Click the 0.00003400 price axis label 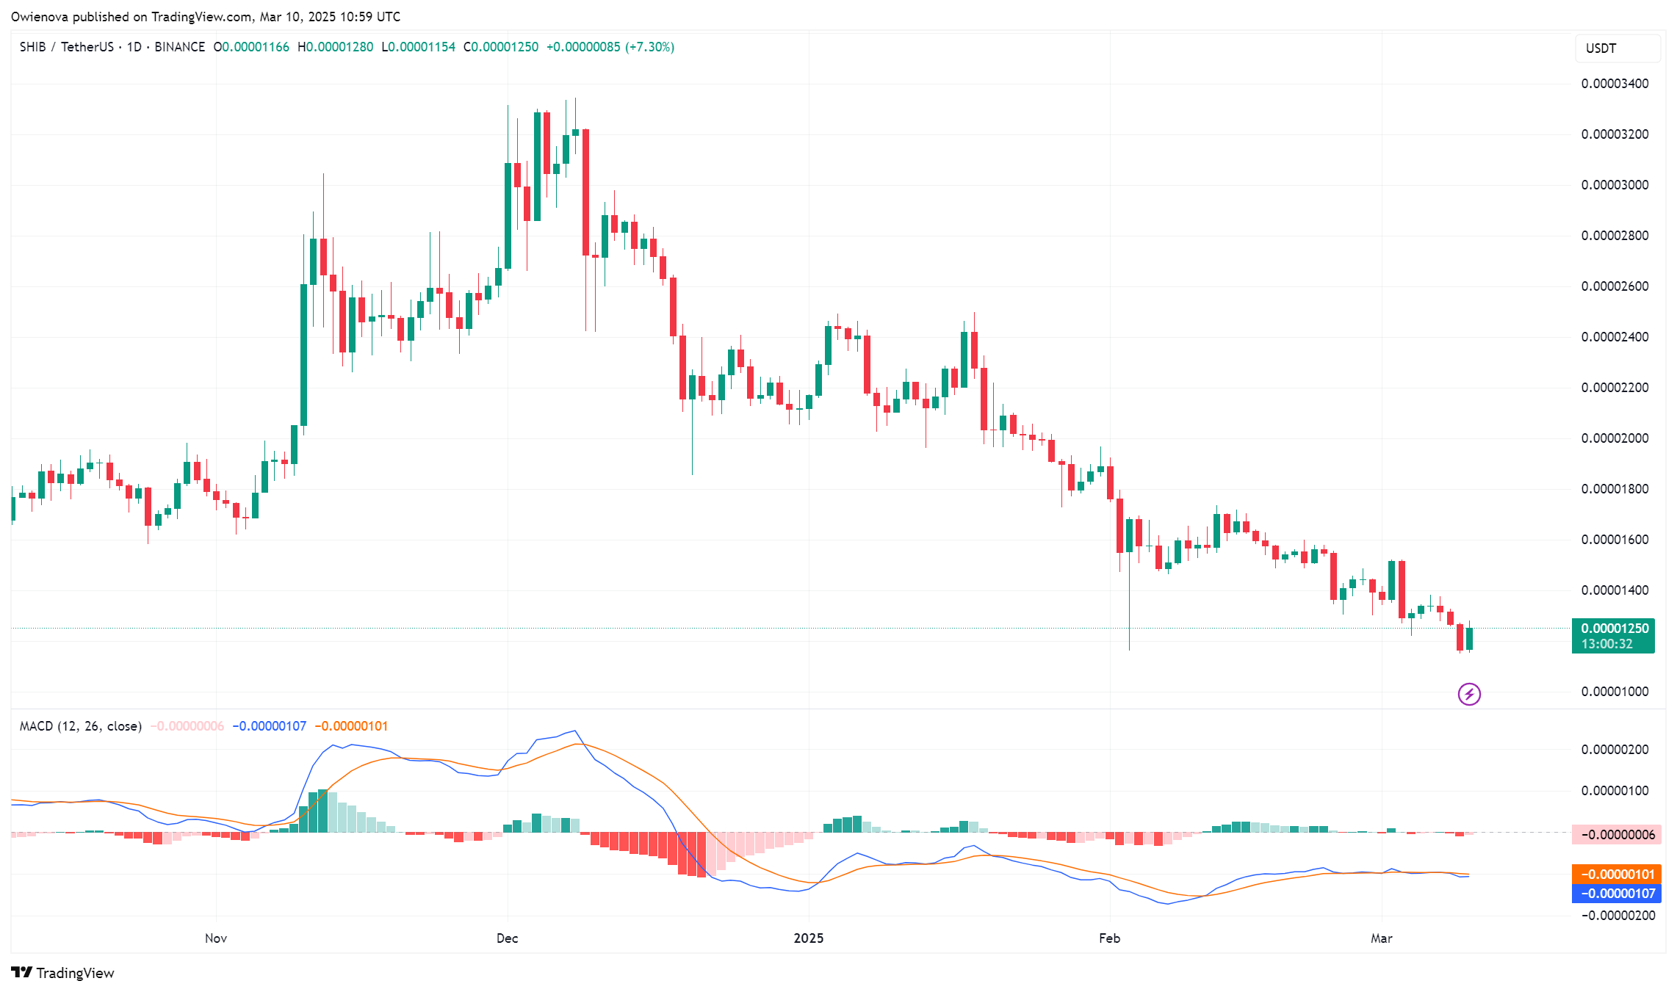pos(1615,84)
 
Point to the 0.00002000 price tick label pos(1615,438)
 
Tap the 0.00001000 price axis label pos(1615,692)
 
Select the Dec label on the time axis pos(507,938)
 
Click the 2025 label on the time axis pos(809,938)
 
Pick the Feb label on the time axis pos(1109,938)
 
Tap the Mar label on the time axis pos(1381,938)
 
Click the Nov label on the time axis pos(216,938)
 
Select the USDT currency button pos(1617,48)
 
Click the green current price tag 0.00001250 pos(1613,629)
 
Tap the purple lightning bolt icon pos(1469,694)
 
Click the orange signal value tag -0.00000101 pos(1613,875)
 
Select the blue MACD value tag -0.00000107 pos(1613,894)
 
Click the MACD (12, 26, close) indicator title pos(81,726)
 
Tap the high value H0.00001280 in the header pos(335,47)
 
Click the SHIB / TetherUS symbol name pos(67,47)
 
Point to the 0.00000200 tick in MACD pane pos(1615,750)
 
